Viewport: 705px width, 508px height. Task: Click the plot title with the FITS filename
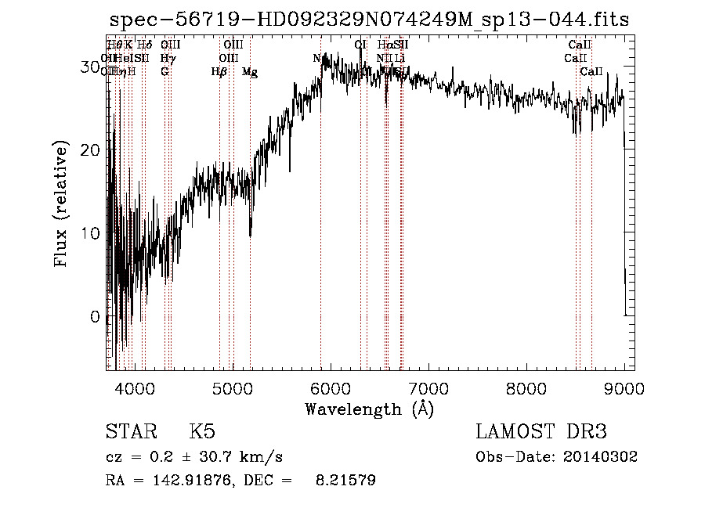(x=370, y=20)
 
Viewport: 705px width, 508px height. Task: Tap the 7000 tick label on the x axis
(x=428, y=387)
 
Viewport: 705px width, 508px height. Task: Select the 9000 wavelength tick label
(x=624, y=387)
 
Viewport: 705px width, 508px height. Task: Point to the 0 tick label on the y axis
(x=95, y=317)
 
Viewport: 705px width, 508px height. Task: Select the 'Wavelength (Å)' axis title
(x=369, y=409)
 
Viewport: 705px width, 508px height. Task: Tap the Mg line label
(x=250, y=72)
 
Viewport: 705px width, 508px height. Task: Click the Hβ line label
(x=219, y=72)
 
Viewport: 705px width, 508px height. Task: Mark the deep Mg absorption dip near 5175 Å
(x=250, y=232)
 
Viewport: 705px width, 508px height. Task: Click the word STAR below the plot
(x=131, y=432)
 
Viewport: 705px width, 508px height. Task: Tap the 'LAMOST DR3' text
(x=541, y=432)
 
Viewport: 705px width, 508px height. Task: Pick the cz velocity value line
(x=193, y=456)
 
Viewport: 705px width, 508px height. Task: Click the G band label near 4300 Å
(x=164, y=72)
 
